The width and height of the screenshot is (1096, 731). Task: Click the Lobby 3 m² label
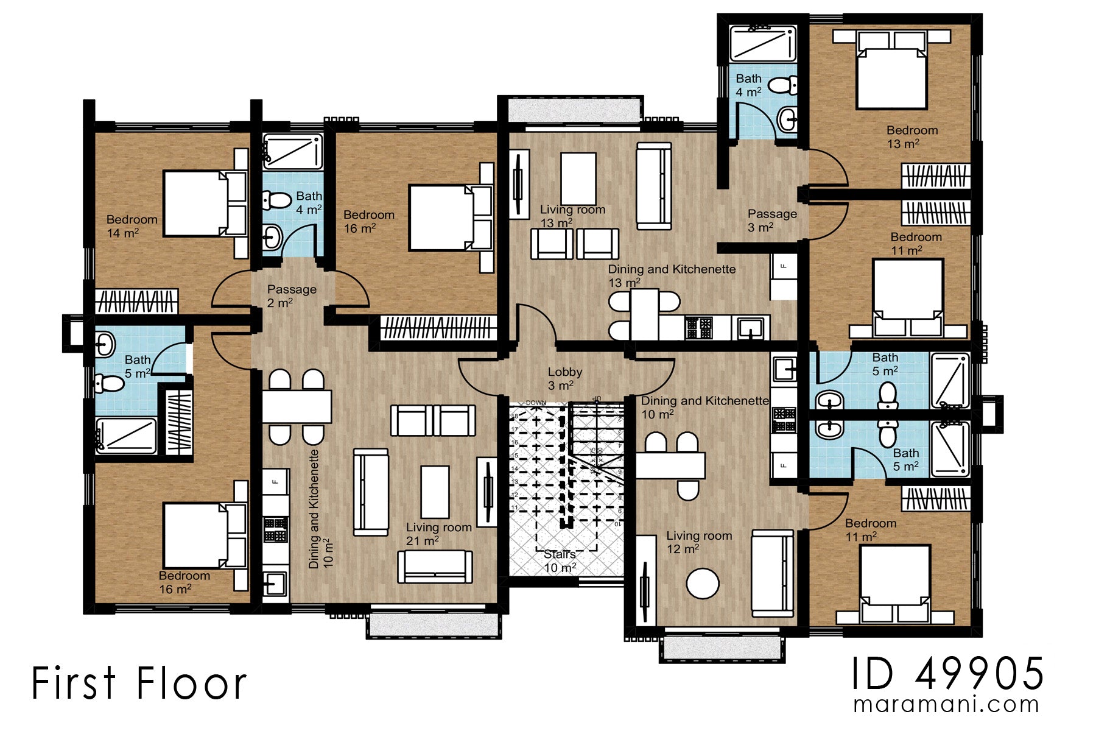(564, 378)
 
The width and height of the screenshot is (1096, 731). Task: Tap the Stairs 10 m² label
(560, 561)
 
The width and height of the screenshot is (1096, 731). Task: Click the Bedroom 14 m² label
(132, 226)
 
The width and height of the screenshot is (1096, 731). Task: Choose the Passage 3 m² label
(771, 220)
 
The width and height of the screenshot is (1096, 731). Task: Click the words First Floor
(139, 683)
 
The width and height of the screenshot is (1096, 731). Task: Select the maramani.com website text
(946, 704)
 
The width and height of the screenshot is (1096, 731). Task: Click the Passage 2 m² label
(291, 295)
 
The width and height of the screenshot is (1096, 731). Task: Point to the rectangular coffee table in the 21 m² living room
(435, 492)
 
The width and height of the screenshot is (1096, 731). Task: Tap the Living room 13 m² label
(572, 216)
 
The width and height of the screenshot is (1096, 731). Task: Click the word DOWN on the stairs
(536, 403)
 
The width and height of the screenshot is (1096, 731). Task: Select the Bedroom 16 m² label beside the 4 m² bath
(368, 222)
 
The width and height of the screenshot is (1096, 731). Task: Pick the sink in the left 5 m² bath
(105, 345)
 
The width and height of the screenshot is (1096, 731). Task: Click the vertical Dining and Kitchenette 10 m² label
(321, 509)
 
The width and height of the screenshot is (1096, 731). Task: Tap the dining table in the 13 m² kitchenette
(644, 314)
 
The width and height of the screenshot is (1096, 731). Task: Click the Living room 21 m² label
(438, 534)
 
